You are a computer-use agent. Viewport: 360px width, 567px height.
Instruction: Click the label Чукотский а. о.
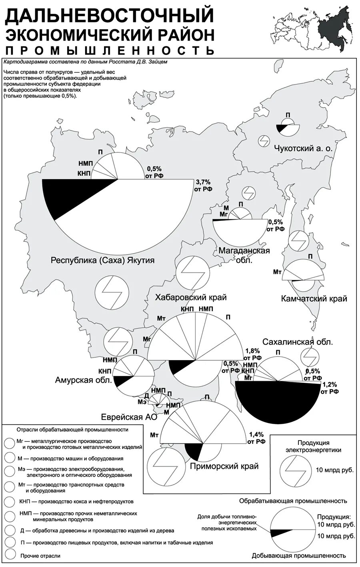303,148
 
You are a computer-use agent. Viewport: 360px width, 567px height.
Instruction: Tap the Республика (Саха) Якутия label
102,260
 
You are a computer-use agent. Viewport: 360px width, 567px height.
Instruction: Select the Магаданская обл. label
244,254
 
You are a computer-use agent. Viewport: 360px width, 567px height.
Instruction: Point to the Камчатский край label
314,299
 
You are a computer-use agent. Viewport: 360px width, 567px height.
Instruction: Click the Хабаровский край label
190,297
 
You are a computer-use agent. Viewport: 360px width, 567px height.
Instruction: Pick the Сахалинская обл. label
298,342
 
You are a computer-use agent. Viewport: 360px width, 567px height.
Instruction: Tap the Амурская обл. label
83,380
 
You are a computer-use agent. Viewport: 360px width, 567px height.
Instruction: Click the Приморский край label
224,466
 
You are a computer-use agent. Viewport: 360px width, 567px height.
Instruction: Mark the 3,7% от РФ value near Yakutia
203,185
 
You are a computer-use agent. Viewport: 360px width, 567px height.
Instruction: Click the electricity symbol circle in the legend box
294,469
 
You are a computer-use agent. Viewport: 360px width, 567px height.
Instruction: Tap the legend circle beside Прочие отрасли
9,555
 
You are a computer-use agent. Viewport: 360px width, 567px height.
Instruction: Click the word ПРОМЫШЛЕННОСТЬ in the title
110,50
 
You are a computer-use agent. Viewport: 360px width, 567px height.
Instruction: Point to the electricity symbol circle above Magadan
249,193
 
